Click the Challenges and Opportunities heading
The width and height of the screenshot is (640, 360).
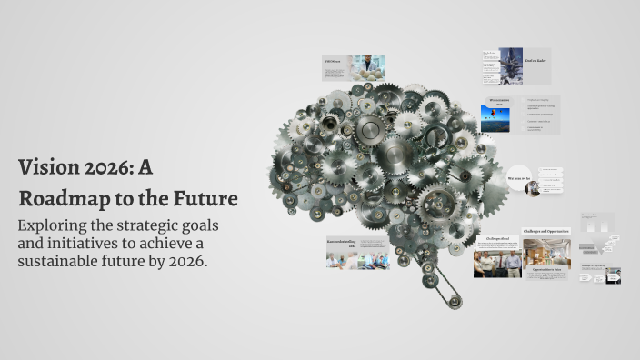click(x=545, y=232)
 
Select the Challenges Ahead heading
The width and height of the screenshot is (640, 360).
click(x=496, y=239)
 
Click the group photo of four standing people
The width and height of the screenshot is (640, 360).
click(x=496, y=263)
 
